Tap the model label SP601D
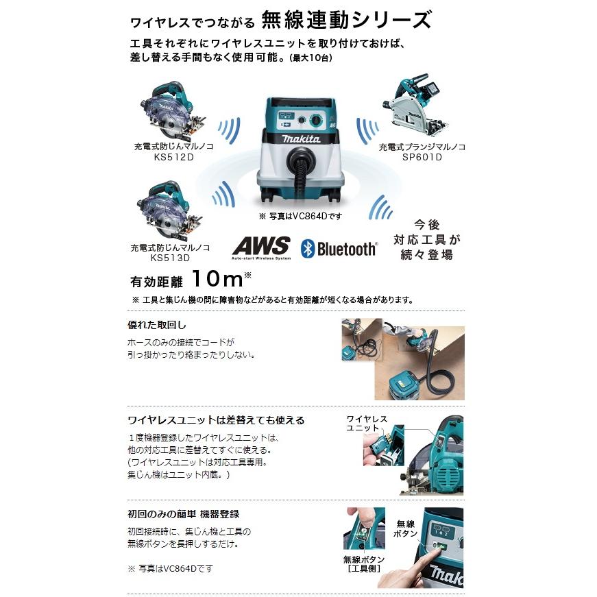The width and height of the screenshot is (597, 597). click(422, 157)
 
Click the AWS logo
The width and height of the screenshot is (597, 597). click(261, 247)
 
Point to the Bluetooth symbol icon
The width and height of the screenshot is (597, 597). click(308, 248)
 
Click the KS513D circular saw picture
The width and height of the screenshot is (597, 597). click(167, 210)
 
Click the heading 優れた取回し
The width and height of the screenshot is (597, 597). click(157, 325)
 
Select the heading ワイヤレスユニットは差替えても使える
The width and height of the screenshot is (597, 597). click(216, 419)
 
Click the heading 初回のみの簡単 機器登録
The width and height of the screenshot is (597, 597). click(183, 513)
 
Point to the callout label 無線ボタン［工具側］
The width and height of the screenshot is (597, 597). click(362, 564)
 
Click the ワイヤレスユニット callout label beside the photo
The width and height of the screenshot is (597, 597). click(367, 423)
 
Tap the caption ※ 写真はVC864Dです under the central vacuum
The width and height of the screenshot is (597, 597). click(300, 216)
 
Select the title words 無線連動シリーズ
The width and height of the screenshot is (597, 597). click(346, 19)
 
